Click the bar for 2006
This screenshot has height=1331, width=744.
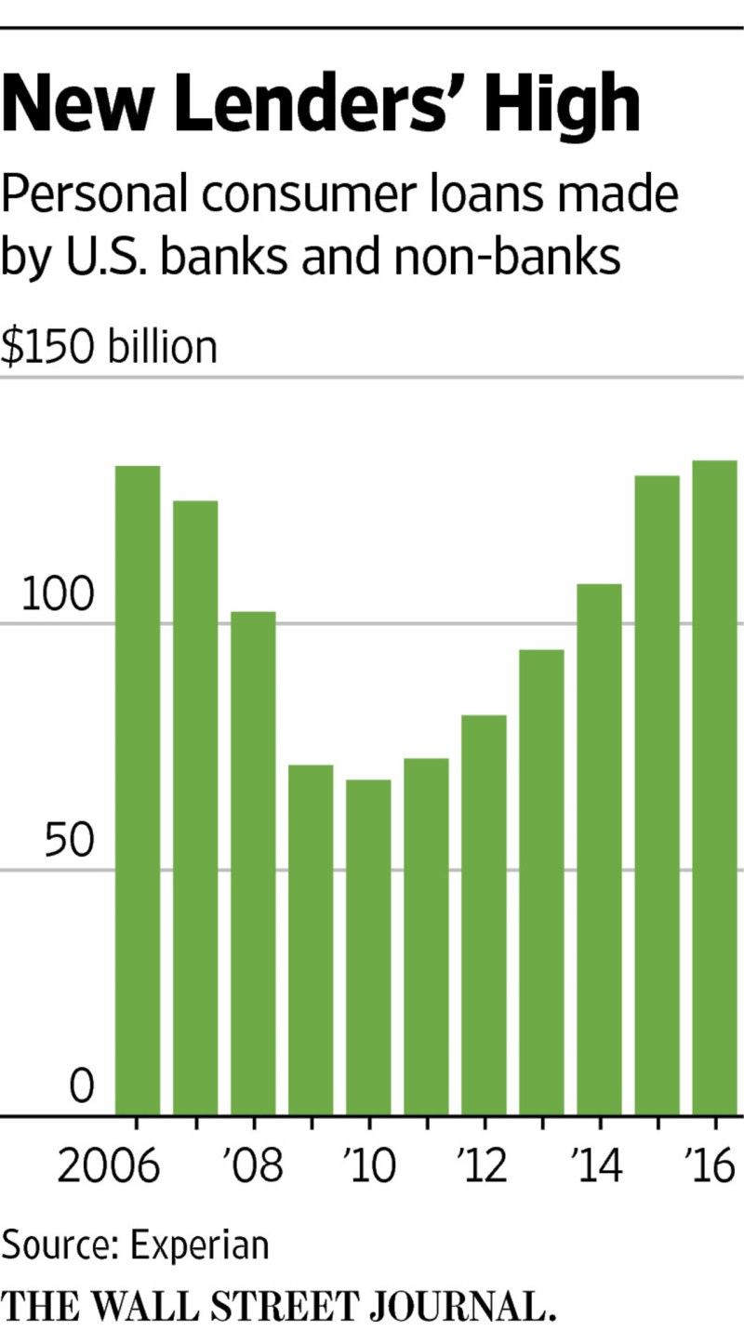click(138, 791)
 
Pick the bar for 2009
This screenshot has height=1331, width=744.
click(311, 939)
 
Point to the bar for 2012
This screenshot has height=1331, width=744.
click(484, 915)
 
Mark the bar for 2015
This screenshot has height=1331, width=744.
click(657, 795)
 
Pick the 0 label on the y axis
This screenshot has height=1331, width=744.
click(83, 1087)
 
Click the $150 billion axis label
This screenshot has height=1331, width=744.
click(109, 347)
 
